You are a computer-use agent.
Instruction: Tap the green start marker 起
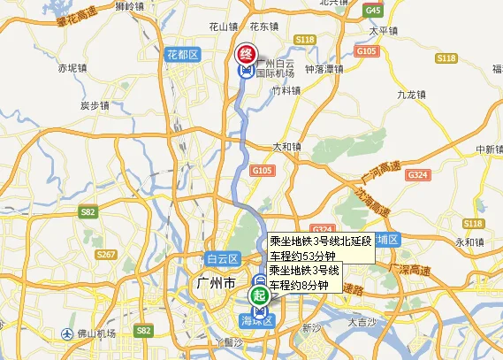[259, 294]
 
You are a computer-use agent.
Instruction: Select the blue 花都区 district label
[183, 55]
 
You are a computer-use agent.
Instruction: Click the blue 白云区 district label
[223, 259]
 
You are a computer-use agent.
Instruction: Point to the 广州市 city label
[212, 285]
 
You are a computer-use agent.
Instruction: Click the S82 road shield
[88, 212]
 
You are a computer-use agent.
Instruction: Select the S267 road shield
[106, 255]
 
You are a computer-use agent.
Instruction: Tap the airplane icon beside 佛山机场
[67, 333]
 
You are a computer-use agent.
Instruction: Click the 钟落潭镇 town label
[324, 68]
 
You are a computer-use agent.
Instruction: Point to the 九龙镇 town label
[411, 93]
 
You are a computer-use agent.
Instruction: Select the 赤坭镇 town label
[72, 66]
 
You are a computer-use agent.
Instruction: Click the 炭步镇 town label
[94, 105]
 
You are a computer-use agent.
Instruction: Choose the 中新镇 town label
[488, 149]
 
